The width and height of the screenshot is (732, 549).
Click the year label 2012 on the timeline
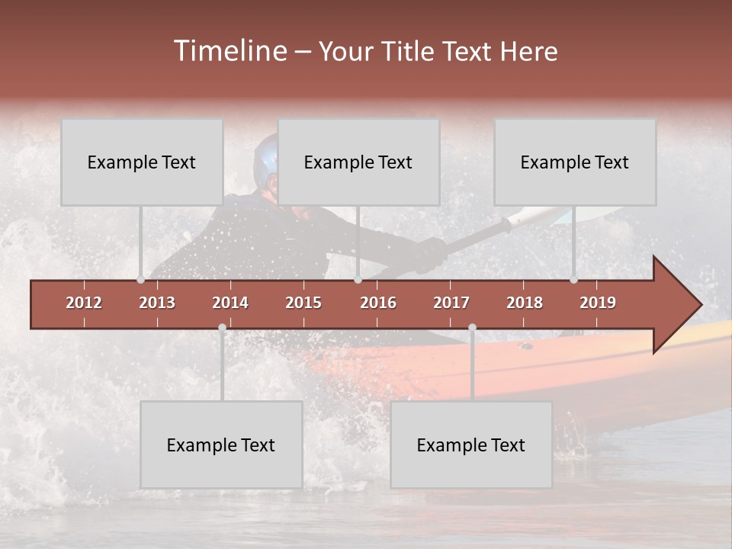[x=84, y=303]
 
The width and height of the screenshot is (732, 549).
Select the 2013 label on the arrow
[x=157, y=303]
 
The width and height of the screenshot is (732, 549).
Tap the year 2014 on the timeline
[x=230, y=303]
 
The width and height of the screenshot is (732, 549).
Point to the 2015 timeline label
[x=303, y=303]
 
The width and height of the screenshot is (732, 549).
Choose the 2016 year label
[x=378, y=303]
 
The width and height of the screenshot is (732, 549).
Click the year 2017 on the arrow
[x=451, y=303]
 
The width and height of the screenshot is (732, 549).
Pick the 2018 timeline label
[x=525, y=303]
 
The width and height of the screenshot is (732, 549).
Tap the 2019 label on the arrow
[x=598, y=303]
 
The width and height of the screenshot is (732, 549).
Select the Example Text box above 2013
[x=142, y=162]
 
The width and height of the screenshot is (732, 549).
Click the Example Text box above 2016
[x=358, y=162]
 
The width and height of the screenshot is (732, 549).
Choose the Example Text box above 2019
[x=575, y=162]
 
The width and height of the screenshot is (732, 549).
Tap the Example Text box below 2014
[x=221, y=445]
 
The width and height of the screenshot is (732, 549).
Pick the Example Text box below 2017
[x=471, y=445]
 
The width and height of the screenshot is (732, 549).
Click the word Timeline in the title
[x=230, y=51]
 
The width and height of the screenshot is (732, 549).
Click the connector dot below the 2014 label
[x=222, y=328]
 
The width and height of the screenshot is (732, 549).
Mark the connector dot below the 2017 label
[x=472, y=328]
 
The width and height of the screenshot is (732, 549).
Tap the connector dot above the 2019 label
[x=574, y=279]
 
